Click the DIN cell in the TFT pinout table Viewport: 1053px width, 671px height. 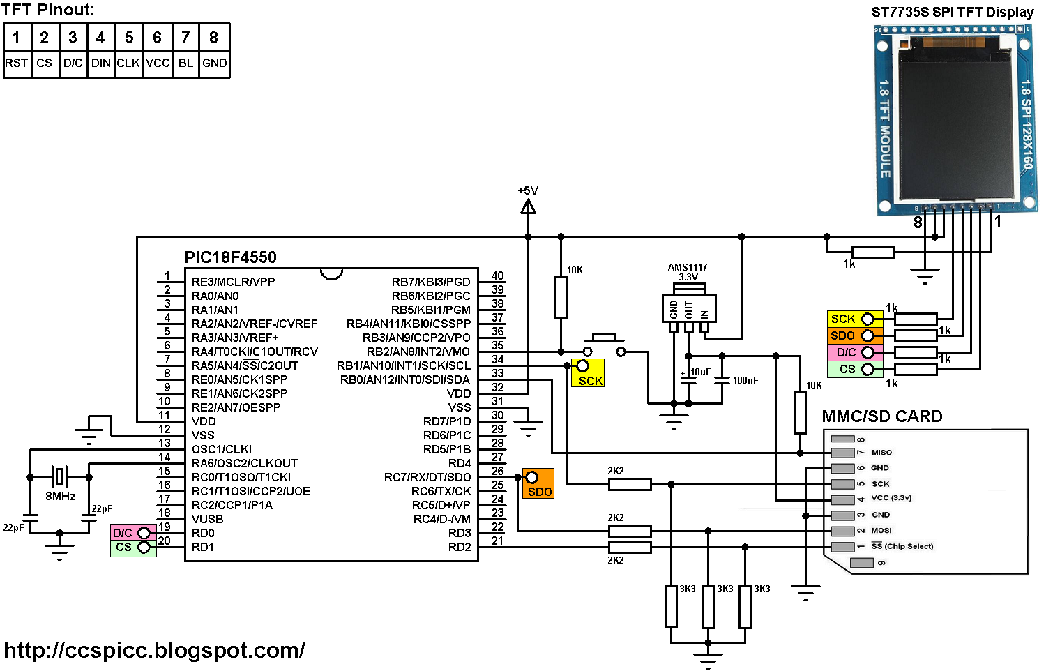tap(100, 63)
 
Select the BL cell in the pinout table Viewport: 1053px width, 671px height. tap(185, 63)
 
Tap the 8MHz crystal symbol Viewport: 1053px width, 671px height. tap(60, 477)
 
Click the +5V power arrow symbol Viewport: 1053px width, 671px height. tap(528, 206)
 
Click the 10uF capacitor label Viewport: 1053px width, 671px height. tap(700, 372)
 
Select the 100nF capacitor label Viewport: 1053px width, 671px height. tap(745, 380)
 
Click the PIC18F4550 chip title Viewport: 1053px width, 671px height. tap(230, 257)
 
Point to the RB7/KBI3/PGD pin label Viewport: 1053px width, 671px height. tap(430, 282)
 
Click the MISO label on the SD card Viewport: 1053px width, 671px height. tap(881, 453)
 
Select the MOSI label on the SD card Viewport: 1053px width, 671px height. tap(881, 531)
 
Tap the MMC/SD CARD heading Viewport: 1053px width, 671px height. tap(882, 416)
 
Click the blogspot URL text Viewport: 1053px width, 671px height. tap(154, 650)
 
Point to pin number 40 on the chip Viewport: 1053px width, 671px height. tap(497, 276)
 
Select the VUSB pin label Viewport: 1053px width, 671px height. tap(207, 519)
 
